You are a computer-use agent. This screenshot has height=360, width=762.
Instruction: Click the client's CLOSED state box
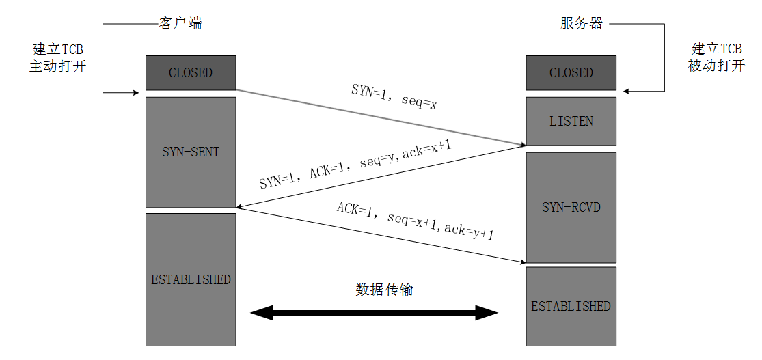click(x=191, y=73)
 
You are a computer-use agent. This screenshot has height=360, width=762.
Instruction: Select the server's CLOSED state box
click(x=571, y=73)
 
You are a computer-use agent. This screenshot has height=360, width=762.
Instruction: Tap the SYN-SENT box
click(x=191, y=152)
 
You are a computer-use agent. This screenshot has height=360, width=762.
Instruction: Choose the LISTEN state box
click(x=571, y=122)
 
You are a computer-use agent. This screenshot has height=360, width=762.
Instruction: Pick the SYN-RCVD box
click(x=571, y=207)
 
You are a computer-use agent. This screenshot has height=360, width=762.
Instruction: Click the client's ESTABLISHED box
click(x=191, y=279)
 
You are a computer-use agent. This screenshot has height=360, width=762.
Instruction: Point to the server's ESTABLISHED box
click(x=571, y=306)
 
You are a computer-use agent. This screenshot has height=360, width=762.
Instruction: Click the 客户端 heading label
click(x=180, y=24)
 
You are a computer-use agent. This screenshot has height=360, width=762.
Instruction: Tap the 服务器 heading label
click(x=582, y=24)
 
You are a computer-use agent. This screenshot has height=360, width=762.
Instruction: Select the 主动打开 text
click(x=58, y=67)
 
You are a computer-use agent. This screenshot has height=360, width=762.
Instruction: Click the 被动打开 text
click(x=716, y=67)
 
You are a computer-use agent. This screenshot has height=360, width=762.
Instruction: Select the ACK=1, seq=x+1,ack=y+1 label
click(x=415, y=221)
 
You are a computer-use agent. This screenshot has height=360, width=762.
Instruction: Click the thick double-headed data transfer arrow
click(x=375, y=314)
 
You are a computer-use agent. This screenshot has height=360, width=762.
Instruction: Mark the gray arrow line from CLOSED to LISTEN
click(x=380, y=117)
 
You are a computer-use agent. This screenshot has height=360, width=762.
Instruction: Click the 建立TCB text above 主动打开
click(x=58, y=50)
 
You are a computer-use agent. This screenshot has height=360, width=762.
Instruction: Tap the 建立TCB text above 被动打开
click(x=716, y=50)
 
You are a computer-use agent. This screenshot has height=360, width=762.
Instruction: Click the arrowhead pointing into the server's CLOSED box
click(x=627, y=92)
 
